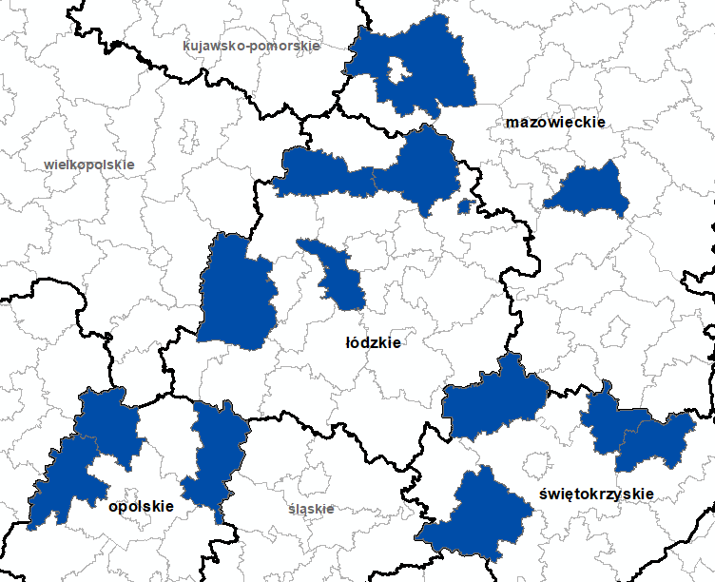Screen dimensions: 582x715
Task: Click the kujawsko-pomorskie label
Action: tap(252, 45)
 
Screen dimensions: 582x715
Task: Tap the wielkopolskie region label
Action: tap(89, 165)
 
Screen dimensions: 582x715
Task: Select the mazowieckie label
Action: tap(555, 123)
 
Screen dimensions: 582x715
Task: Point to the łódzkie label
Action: tap(372, 342)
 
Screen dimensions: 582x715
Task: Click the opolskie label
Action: tap(141, 507)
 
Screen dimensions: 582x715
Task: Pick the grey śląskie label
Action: tap(311, 509)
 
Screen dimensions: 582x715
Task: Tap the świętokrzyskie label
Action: tap(595, 494)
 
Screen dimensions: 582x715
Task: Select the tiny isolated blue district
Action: tap(464, 206)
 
